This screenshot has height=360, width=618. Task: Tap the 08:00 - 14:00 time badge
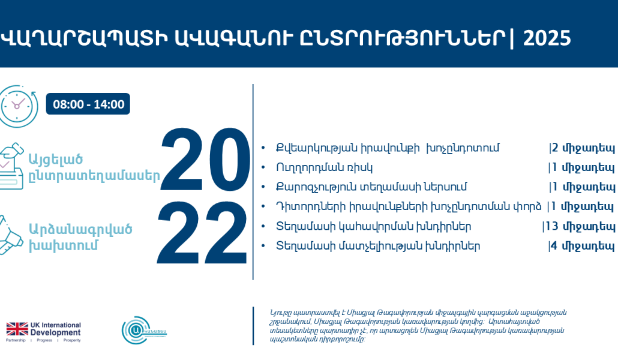point(88,104)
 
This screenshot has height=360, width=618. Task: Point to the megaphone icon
point(13,236)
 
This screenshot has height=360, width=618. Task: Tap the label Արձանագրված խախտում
point(80,238)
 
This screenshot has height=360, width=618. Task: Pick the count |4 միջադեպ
point(581,245)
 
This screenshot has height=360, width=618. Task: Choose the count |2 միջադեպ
point(581,148)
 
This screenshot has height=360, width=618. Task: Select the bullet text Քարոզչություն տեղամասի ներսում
point(371,187)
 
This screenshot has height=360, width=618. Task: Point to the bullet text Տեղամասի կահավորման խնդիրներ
point(373,226)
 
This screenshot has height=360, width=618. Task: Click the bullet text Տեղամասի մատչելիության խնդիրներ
point(377,245)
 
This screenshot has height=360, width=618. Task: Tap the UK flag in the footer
point(17,329)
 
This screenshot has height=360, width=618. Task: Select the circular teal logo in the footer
point(137,329)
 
